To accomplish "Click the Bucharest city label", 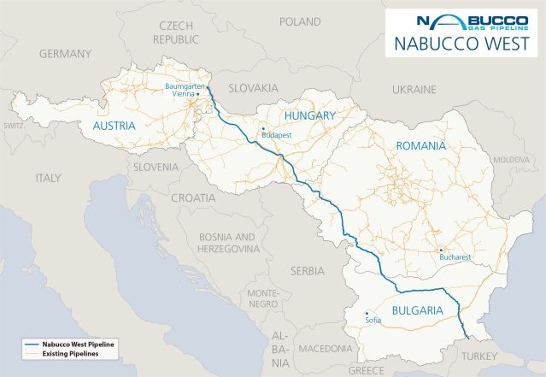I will click(454, 255).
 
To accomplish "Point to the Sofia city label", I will click(371, 321).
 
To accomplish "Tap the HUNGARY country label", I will click(309, 115).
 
